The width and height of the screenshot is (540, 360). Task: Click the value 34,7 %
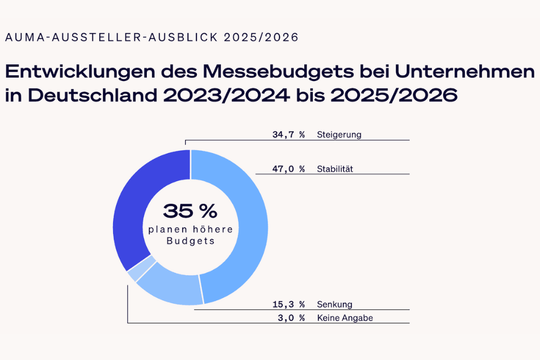point(288,135)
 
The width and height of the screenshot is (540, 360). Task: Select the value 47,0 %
point(288,169)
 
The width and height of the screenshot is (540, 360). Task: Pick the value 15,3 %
point(288,304)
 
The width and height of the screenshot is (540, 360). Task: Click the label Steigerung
point(339,135)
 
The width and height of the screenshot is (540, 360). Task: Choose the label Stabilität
point(335,169)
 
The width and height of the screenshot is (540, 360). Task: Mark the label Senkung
point(334,304)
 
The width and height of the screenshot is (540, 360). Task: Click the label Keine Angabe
point(345,318)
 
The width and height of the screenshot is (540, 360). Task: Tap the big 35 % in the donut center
point(190,211)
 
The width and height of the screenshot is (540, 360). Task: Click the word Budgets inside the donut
point(190,241)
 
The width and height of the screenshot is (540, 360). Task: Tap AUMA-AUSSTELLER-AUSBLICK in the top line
point(110,38)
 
